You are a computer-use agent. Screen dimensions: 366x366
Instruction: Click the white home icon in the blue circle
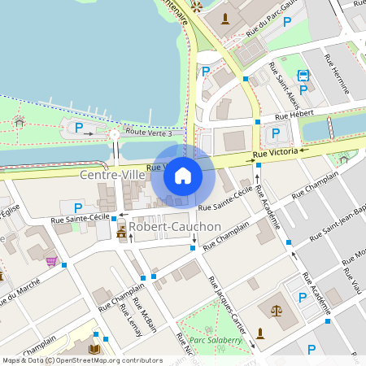click(183, 176)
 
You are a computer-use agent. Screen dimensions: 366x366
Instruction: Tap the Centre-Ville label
click(106, 175)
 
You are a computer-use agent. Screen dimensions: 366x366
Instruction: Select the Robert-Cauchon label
click(174, 225)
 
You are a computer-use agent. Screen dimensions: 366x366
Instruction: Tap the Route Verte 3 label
click(149, 132)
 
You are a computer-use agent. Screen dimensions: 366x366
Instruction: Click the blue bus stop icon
click(303, 76)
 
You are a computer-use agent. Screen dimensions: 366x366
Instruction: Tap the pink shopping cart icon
click(51, 261)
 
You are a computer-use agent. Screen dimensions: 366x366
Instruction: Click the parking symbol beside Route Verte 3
click(79, 127)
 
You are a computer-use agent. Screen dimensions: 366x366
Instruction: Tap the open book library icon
click(94, 350)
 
